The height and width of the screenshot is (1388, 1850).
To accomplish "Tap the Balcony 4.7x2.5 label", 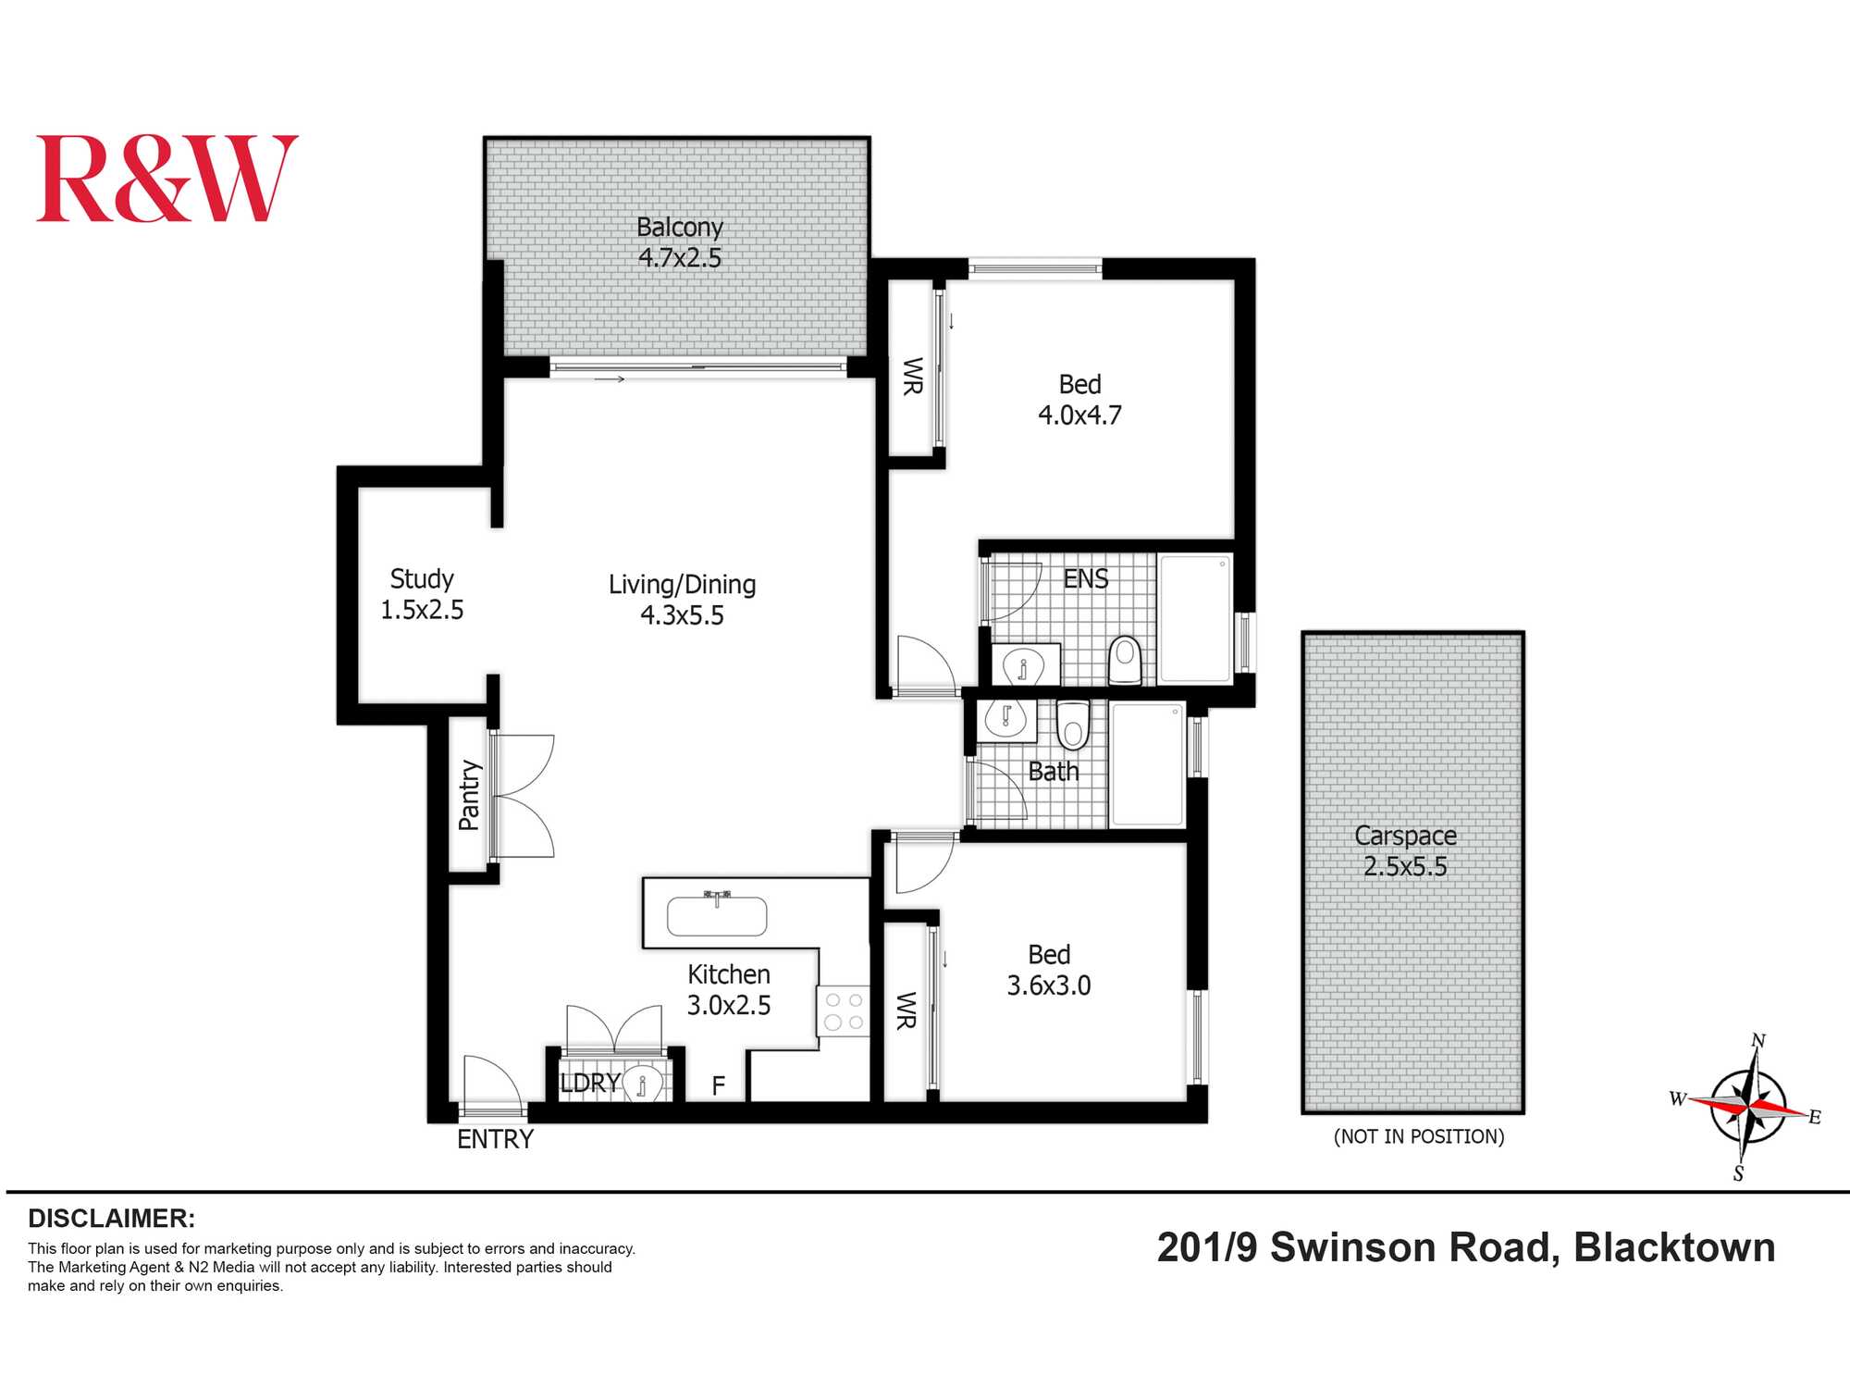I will click(x=680, y=242).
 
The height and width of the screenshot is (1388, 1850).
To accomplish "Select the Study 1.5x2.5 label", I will click(x=422, y=594).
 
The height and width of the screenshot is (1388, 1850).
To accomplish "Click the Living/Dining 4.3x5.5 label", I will click(x=683, y=600).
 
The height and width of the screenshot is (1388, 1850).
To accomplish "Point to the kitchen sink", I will click(x=717, y=916).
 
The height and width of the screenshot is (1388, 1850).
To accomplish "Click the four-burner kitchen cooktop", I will click(x=844, y=1010).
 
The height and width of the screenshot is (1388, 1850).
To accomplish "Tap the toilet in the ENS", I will click(x=1125, y=658).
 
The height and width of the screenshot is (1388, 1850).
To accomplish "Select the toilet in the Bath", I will click(x=1073, y=725).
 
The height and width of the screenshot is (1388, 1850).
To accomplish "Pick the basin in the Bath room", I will click(x=1005, y=717).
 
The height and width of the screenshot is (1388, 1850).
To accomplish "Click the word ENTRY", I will click(x=496, y=1139).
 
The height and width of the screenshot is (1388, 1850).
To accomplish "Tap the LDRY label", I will click(x=589, y=1083).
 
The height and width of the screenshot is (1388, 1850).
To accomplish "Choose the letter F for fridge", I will click(x=719, y=1085).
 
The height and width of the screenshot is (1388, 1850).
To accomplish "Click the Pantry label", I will click(x=470, y=795).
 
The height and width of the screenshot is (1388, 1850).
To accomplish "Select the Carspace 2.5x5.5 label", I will click(x=1405, y=850).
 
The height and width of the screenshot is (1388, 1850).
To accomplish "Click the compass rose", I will click(x=1747, y=1106).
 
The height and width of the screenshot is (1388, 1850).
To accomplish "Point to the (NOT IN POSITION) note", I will click(x=1419, y=1136).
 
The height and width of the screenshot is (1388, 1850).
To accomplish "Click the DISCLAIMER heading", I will click(x=111, y=1218).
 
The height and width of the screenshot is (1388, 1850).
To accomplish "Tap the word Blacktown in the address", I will click(x=1674, y=1247).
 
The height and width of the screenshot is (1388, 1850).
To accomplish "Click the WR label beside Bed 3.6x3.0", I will click(x=906, y=1010).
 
